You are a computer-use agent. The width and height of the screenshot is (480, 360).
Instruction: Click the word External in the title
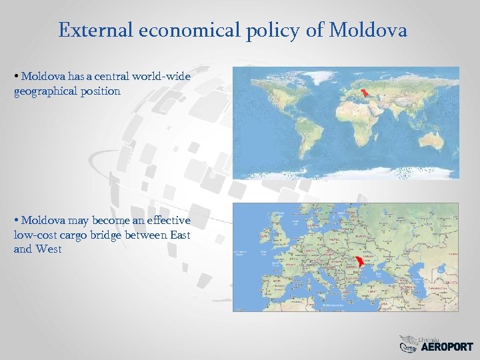pos(97,30)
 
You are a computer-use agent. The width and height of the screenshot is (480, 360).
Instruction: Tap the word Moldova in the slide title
pos(368,30)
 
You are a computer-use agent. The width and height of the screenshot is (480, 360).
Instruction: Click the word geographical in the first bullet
pos(47,91)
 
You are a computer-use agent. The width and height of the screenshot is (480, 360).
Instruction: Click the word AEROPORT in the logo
pos(446,347)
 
